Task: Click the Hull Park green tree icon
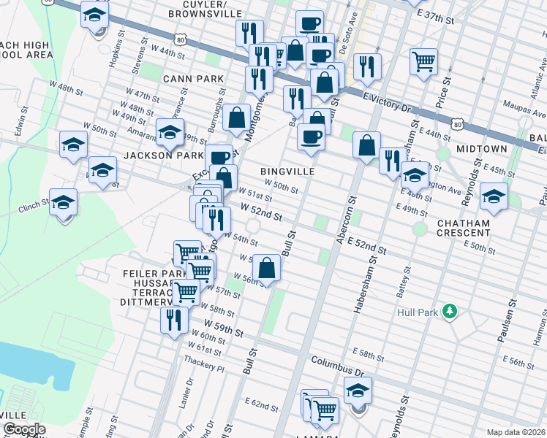tap(451, 312)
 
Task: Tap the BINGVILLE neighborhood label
tap(287, 171)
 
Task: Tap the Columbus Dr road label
tap(337, 361)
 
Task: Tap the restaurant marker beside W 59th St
tap(173, 320)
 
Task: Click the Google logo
tap(24, 429)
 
